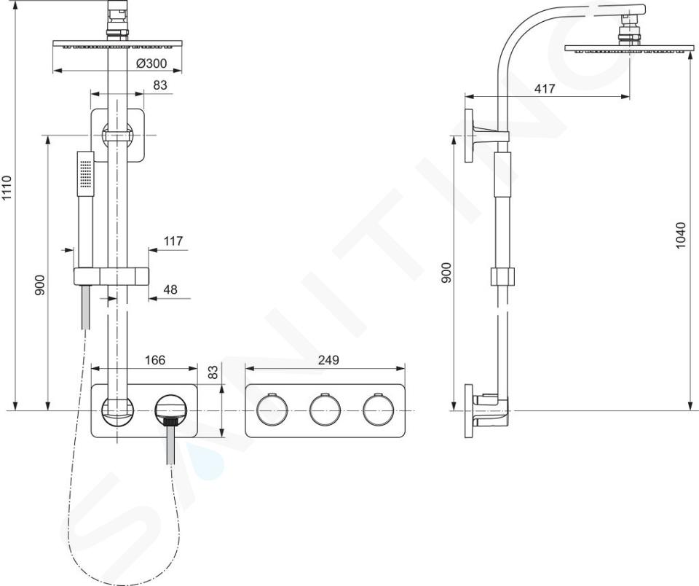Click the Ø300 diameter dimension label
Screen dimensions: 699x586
151,63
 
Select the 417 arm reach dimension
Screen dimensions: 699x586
545,89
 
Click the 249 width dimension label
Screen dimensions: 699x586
328,360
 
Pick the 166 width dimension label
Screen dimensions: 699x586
155,360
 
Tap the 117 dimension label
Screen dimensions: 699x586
173,241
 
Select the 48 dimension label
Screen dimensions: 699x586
170,289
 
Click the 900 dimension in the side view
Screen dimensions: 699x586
446,273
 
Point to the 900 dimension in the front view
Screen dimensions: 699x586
40,285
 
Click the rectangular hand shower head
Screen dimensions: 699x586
85,173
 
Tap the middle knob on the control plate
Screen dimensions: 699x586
325,410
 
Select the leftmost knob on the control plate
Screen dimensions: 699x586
272,410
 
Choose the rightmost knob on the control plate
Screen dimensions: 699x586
378,410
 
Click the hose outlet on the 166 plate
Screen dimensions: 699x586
170,409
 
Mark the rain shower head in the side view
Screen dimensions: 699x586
629,49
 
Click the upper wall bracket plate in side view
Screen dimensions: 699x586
468,136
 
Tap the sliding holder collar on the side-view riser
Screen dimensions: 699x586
502,276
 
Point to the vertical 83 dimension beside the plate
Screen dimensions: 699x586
214,372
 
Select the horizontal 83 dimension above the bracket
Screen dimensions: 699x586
159,85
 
